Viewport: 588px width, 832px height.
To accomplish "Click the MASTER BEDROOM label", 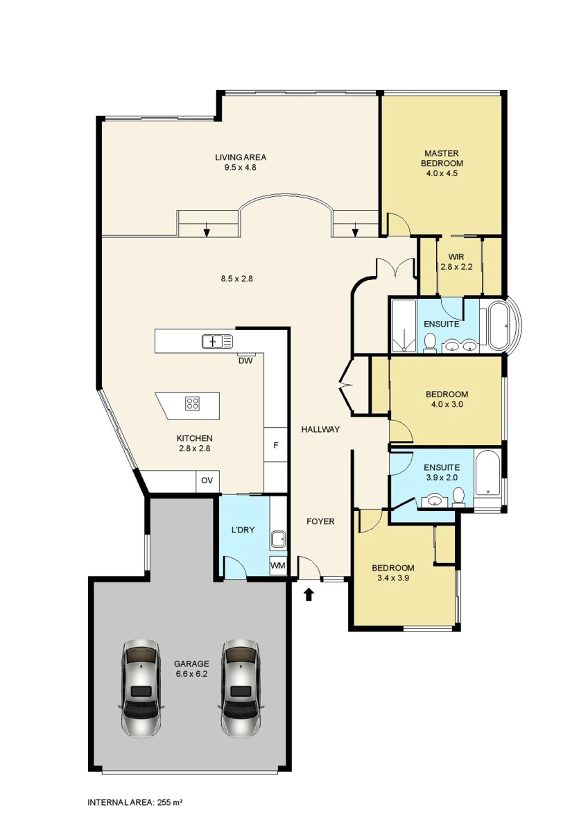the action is pos(442,158).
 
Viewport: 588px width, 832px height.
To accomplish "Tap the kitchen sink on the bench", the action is pos(217,341).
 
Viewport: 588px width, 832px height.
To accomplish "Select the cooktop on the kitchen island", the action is pos(192,403).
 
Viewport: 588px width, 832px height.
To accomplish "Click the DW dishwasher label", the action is pos(245,361).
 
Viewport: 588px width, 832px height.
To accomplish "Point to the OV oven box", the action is pos(207,481).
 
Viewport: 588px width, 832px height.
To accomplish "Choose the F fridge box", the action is pos(275,445).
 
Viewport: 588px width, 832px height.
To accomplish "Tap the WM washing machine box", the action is pos(278,566).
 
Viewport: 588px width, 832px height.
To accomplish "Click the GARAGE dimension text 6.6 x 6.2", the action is pos(192,674).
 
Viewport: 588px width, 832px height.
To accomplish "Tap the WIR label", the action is pos(456,257).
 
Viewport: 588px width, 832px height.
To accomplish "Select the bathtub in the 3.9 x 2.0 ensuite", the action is pos(488,473).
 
